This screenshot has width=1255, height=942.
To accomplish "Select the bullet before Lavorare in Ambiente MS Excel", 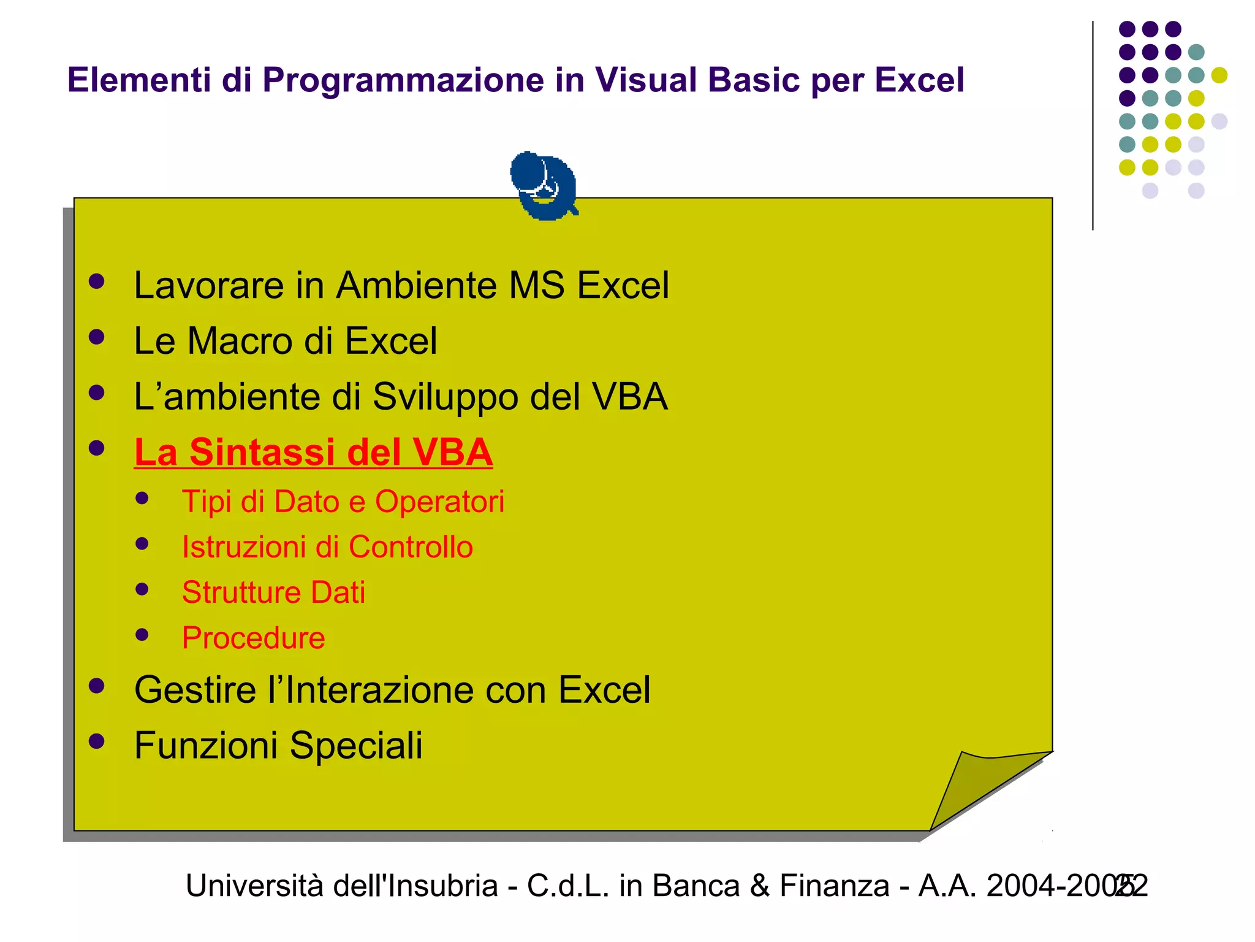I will coord(96,281).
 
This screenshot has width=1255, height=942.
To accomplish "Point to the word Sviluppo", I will coord(446,397).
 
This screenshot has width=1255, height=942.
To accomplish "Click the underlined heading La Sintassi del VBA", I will coord(313,453).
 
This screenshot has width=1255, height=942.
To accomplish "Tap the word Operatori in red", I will coord(439,502).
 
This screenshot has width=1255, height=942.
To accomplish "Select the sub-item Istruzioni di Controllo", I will coord(327,547).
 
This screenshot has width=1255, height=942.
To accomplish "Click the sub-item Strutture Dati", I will coord(273,592).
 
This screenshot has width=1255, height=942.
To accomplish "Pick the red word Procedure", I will coord(253,638).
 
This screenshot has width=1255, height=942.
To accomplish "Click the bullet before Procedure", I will coord(142,635).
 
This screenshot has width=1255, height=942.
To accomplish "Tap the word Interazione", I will coord(380,690).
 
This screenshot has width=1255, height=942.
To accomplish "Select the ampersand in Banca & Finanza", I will coord(759,886).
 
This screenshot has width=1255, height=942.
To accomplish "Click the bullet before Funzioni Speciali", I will coord(96,741).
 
